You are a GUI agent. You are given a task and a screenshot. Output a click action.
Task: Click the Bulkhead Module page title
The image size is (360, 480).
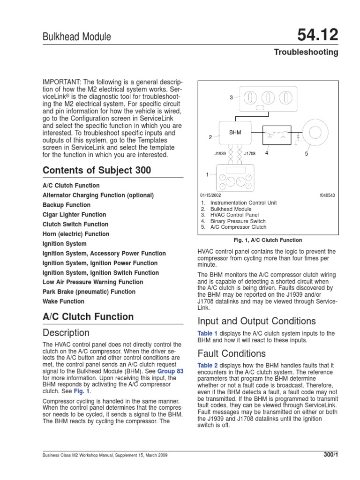coord(76,37)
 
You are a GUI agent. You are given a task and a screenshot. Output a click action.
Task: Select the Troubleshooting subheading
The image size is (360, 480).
coord(306,52)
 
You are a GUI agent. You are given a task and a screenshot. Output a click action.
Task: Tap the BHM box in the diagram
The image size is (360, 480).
coord(235,133)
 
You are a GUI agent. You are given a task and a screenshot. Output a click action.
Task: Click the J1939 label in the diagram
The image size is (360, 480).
coord(220,152)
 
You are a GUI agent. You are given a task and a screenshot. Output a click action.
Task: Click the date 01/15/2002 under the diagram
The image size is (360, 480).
coord(210,195)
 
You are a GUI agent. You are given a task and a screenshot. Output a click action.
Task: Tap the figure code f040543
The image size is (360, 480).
coord(327,195)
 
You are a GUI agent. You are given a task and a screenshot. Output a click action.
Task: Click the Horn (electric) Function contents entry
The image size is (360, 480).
coord(76,234)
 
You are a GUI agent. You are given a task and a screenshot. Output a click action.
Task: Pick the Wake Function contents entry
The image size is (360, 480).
coord(63,301)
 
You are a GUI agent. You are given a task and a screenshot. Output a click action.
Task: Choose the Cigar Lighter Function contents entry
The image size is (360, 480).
coord(74,215)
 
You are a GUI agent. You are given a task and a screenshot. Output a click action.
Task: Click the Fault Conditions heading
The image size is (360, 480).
coord(232,353)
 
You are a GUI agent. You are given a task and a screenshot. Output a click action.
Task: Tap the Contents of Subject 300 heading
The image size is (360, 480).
coord(97,170)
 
